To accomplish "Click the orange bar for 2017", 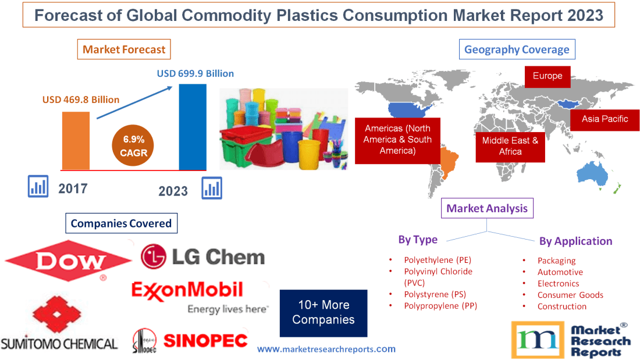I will tap(76, 140).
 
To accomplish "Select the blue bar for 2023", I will tap(192, 127).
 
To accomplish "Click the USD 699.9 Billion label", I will tap(195, 73).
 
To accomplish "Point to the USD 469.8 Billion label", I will tap(81, 99).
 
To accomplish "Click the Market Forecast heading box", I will tap(124, 49).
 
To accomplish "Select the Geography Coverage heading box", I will tap(517, 49).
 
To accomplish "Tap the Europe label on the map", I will tap(547, 76).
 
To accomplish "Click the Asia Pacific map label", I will tap(605, 119).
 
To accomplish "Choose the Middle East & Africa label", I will tap(510, 146).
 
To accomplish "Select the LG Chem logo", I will tap(203, 256).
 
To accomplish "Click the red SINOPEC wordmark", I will tap(205, 341).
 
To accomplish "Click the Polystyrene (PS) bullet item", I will tap(435, 295).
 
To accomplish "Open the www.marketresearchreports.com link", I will tap(326, 349).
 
